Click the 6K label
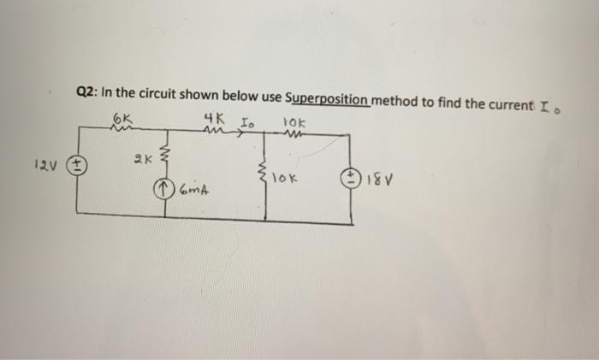122,115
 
